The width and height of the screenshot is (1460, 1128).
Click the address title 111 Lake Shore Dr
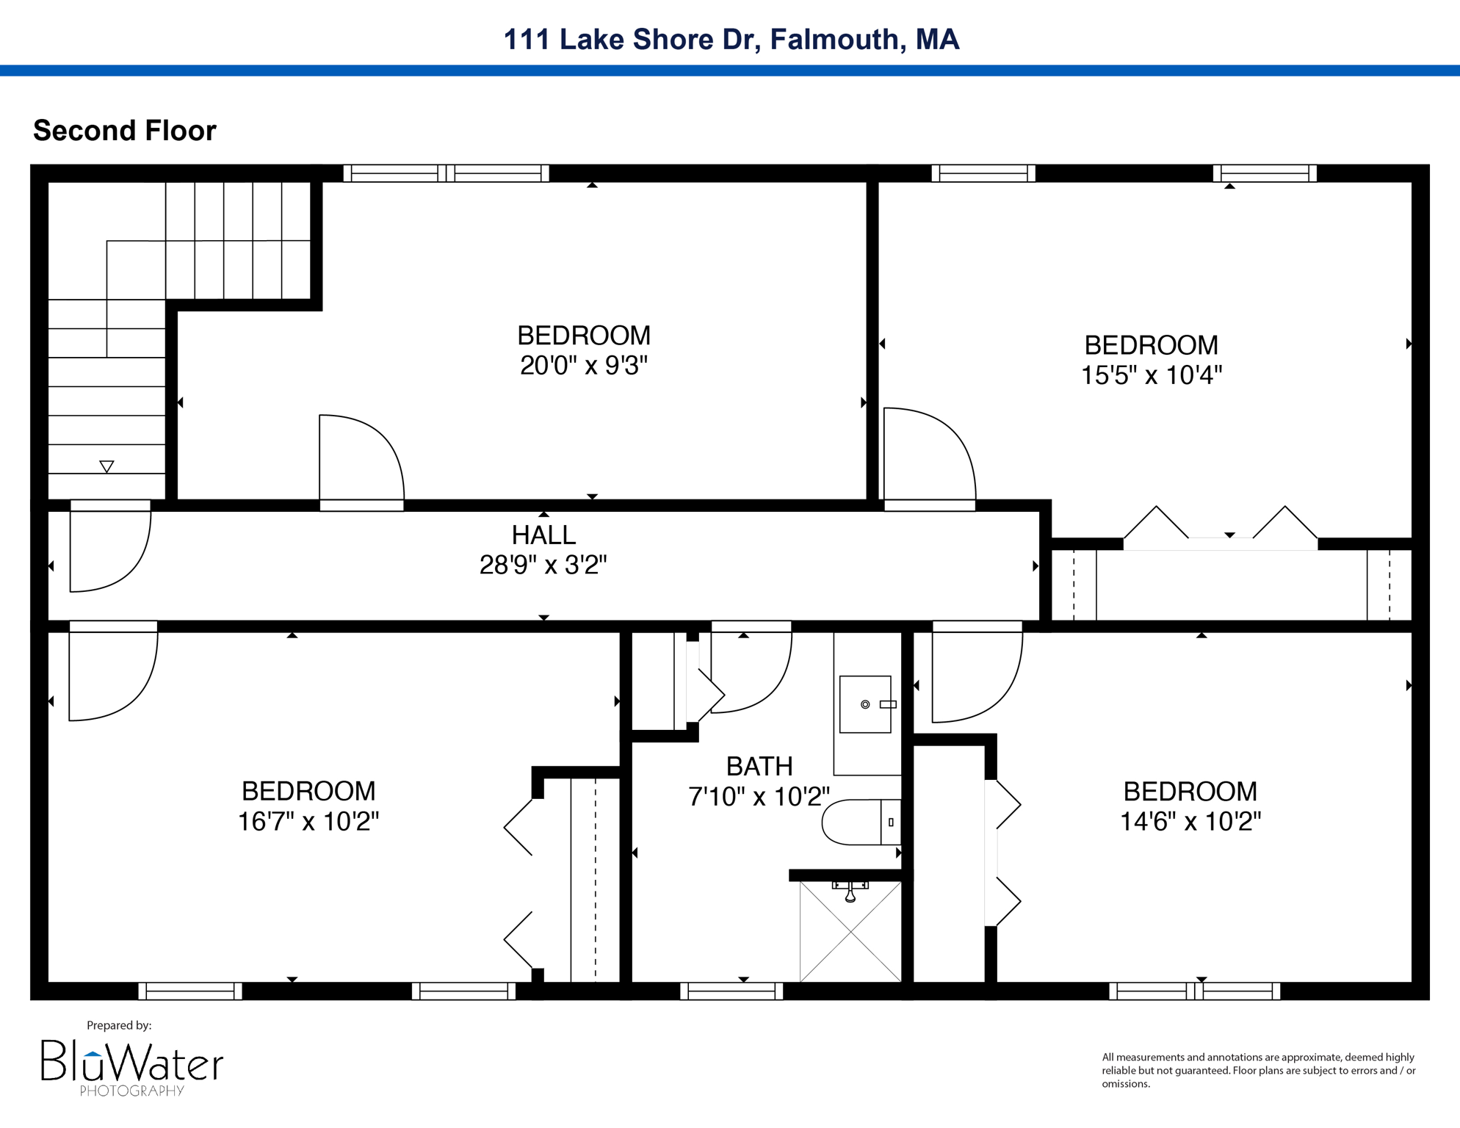[x=731, y=39]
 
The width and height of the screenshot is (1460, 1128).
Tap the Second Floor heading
[x=125, y=131]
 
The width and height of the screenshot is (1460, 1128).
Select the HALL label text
[x=543, y=535]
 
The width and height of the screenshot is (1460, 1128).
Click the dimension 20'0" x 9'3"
[x=584, y=365]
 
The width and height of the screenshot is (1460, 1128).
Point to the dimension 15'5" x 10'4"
[x=1151, y=375]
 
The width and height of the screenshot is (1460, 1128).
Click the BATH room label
[x=759, y=767]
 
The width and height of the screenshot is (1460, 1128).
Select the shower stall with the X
[x=850, y=931]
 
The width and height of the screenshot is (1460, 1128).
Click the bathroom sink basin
[x=865, y=704]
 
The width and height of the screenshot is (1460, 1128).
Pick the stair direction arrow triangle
[x=106, y=466]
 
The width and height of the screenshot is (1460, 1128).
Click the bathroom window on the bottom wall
[x=731, y=991]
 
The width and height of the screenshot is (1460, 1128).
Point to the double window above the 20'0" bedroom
[x=446, y=173]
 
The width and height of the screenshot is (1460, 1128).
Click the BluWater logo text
[x=132, y=1062]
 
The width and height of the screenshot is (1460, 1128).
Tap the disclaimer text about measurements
[x=1258, y=1070]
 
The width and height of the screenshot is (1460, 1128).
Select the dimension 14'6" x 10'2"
[x=1190, y=821]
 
